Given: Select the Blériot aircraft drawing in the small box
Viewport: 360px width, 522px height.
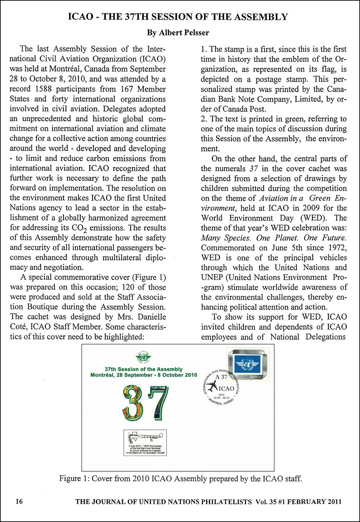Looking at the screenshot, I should click(145, 437).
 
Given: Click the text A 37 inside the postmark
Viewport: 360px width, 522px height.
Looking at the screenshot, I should click(221, 377).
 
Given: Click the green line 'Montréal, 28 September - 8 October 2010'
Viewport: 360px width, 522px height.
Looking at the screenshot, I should click(144, 375).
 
